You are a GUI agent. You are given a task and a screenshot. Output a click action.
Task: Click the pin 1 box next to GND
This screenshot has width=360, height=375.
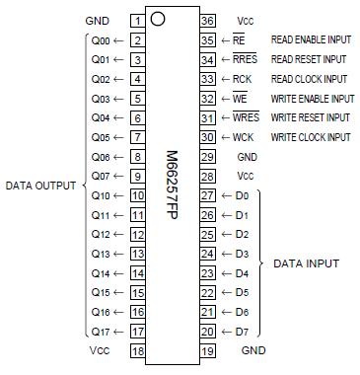click(x=137, y=20)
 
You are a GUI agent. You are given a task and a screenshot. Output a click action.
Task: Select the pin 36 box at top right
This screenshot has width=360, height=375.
click(x=207, y=20)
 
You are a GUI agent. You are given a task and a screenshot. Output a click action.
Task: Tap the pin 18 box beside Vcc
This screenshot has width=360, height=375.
click(x=137, y=350)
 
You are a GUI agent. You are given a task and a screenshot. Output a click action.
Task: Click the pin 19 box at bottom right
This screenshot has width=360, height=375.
click(x=207, y=350)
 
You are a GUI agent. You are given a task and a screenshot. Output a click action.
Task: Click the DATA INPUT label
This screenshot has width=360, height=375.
click(x=306, y=263)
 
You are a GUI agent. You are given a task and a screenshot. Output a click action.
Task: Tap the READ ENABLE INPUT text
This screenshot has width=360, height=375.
click(x=312, y=40)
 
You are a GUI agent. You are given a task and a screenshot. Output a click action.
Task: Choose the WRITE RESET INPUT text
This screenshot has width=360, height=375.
click(x=310, y=118)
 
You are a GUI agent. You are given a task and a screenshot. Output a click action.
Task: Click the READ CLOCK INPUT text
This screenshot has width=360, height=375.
click(x=309, y=79)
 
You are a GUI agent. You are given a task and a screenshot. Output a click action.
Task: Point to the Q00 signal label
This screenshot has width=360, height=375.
click(x=99, y=40)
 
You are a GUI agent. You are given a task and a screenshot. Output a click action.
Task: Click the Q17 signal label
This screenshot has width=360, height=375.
click(x=99, y=331)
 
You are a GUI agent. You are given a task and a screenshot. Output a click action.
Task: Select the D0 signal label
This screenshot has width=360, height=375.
click(x=242, y=195)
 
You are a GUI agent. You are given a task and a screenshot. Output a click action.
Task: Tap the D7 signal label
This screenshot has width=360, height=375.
click(x=242, y=331)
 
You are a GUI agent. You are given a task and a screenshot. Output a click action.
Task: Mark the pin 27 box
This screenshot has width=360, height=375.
click(x=207, y=195)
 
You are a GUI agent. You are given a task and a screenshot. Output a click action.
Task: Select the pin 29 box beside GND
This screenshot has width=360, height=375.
click(x=207, y=157)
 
